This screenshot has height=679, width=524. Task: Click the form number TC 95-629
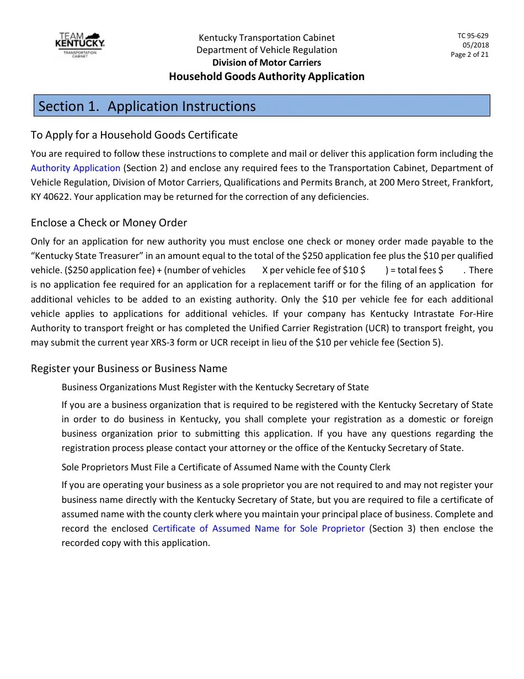(473, 36)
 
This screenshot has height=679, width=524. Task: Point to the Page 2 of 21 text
(469, 55)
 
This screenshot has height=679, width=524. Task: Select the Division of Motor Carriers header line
(266, 63)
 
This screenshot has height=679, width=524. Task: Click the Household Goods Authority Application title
(266, 77)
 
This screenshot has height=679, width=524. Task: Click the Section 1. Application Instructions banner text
(147, 106)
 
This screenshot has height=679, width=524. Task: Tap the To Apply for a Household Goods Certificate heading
(134, 135)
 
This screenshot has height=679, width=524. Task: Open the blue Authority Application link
(76, 168)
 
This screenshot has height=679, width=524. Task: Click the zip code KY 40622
(53, 197)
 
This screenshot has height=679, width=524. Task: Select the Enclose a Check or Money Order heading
(109, 222)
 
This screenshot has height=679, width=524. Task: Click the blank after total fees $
(454, 270)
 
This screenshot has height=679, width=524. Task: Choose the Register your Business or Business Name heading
(129, 368)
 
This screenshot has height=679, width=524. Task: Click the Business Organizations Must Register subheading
(215, 387)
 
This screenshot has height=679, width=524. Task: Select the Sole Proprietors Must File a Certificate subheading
(226, 467)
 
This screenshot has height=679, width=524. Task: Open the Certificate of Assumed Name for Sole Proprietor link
(258, 528)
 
